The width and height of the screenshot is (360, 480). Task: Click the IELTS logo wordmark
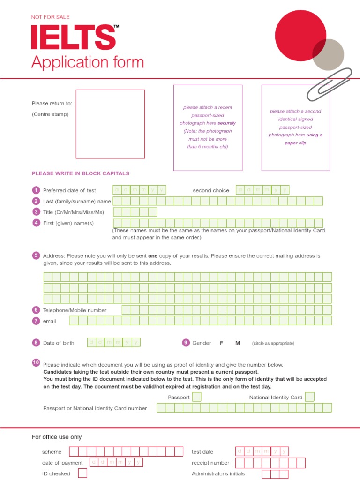[74, 37]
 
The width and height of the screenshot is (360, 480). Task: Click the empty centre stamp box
[110, 124]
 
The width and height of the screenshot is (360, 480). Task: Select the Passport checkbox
[197, 397]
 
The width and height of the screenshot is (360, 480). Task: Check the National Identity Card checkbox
[309, 397]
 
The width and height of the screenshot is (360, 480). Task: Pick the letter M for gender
[238, 343]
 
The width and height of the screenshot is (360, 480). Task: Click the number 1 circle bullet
[36, 190]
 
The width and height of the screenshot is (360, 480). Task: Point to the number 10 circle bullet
[36, 363]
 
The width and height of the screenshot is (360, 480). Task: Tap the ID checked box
[82, 473]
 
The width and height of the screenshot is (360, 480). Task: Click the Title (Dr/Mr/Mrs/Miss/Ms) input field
[135, 212]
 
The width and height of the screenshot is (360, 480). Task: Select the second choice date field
[262, 190]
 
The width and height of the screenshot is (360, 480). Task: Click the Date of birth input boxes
[114, 342]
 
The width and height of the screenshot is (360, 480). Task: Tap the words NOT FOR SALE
[50, 17]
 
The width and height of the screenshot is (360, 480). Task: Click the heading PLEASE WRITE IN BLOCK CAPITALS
[81, 173]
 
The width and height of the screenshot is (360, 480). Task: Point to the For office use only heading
[57, 437]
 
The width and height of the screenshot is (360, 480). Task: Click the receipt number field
[270, 463]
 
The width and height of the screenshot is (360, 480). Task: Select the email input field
[201, 321]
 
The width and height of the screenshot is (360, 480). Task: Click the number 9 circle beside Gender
[186, 343]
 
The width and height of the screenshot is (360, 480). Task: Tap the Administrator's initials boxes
[275, 473]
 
